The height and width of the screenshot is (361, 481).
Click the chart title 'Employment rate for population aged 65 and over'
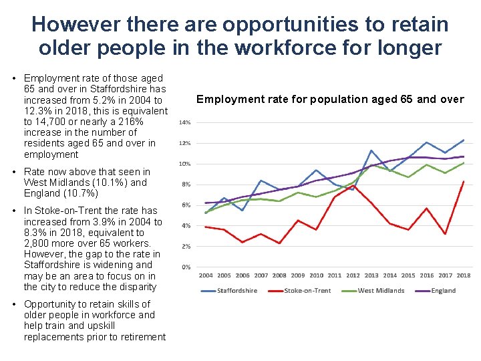[x=329, y=100]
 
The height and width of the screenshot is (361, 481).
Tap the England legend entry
[x=443, y=290]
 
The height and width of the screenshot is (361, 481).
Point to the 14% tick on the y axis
[x=184, y=122]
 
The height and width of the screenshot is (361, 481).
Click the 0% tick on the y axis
[x=186, y=267]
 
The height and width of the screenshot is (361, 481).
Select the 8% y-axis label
[x=186, y=185]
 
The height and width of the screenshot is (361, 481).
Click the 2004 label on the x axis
[x=206, y=275]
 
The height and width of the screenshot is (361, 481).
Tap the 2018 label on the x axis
[x=464, y=275]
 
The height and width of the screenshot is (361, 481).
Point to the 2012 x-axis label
[x=353, y=275]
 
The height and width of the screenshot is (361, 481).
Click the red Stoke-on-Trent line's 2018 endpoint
[x=464, y=181]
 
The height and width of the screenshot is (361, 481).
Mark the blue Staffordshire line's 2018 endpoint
[x=464, y=140]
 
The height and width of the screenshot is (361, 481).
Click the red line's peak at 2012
[x=353, y=185]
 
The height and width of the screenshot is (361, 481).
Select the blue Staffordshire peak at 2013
[x=371, y=150]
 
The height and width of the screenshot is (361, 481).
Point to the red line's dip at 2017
[x=445, y=234]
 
